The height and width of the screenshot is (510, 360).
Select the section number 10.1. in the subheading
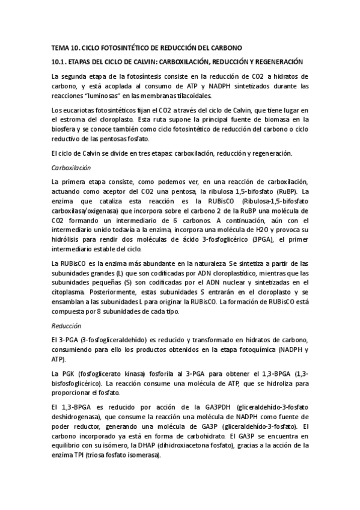pyautogui.click(x=59, y=62)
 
